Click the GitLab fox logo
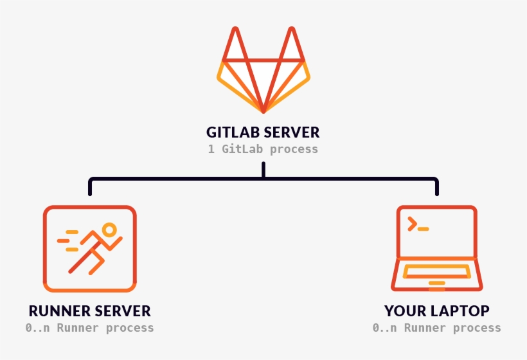(263, 71)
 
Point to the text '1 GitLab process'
(263, 149)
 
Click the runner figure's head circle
(109, 230)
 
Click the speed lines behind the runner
(67, 240)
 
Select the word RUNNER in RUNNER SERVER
(60, 311)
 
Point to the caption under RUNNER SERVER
(89, 328)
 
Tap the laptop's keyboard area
(436, 271)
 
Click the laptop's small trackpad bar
(436, 283)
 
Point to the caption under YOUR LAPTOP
(436, 328)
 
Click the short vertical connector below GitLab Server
(263, 170)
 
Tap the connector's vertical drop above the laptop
(437, 188)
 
